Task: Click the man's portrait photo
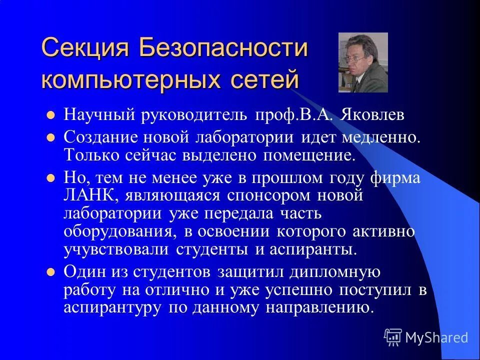click(x=362, y=62)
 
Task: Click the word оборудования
click(x=119, y=231)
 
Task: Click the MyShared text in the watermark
click(x=436, y=337)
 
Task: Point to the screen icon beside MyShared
click(x=393, y=337)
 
